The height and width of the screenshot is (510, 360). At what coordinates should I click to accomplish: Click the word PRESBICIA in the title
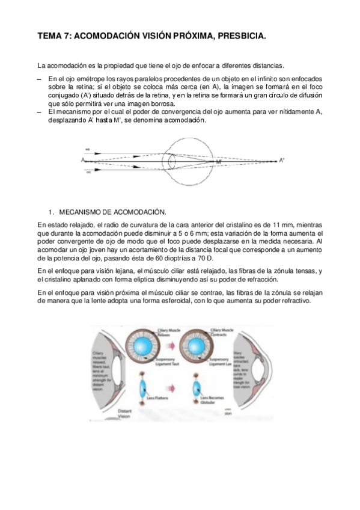[236, 37]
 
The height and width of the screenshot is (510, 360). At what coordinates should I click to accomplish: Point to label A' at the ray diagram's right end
[282, 160]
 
